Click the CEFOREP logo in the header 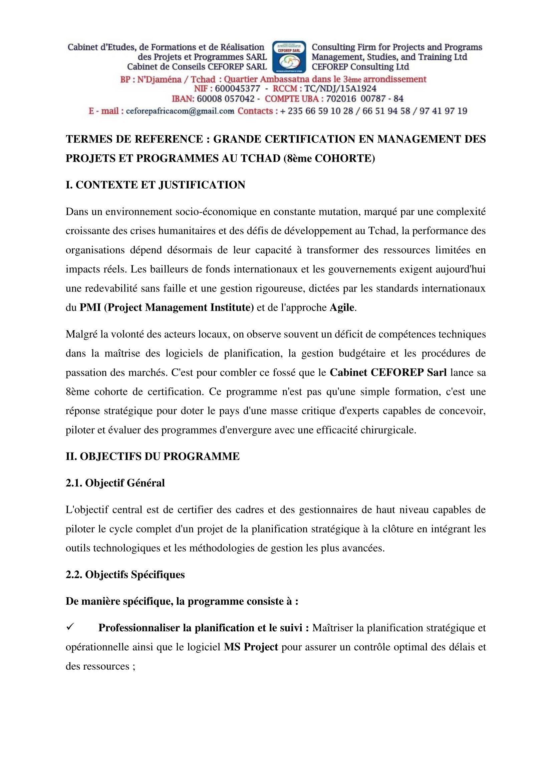click(289, 57)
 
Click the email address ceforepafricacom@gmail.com click(180, 111)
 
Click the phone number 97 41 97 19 click(444, 111)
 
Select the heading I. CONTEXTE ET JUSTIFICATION click(155, 185)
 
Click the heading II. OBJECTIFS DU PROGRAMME click(153, 456)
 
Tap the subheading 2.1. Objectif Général click(115, 483)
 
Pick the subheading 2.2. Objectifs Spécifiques click(125, 575)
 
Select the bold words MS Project click(251, 647)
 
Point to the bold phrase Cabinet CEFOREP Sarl click(388, 373)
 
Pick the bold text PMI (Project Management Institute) click(167, 308)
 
